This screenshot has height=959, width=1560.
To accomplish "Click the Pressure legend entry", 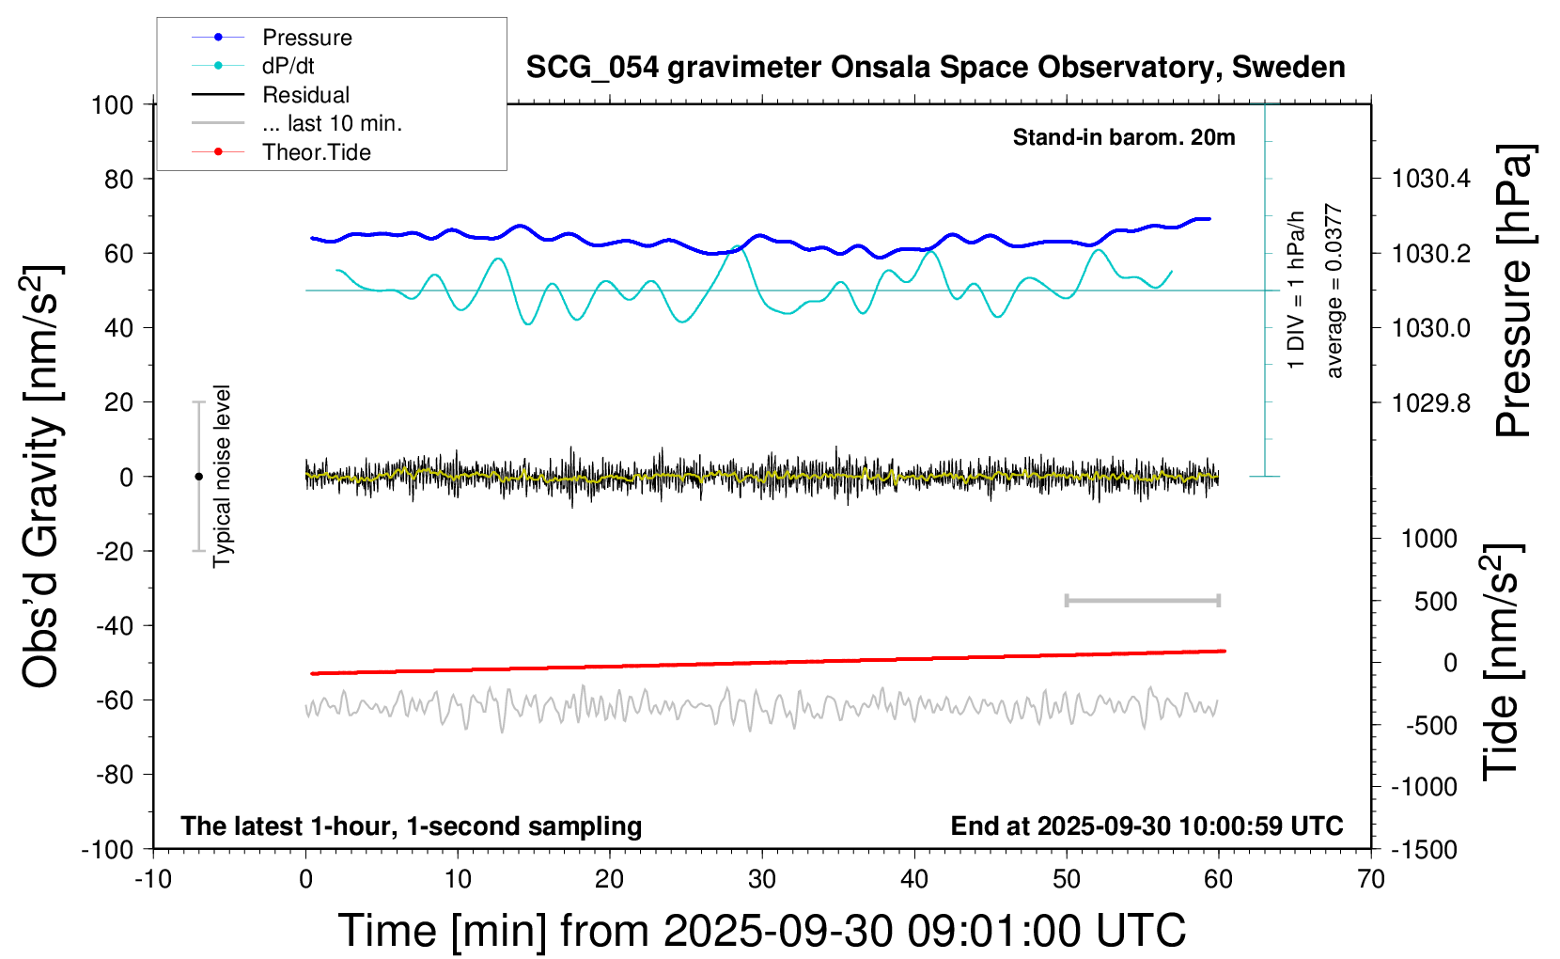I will [x=306, y=38].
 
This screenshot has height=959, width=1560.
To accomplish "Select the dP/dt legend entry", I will [x=288, y=66].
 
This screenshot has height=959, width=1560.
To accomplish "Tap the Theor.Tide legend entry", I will [x=316, y=152].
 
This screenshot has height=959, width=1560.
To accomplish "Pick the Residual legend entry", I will [x=305, y=95].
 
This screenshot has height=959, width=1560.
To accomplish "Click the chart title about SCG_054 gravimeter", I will [x=935, y=68].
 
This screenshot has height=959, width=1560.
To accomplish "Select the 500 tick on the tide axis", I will [x=1435, y=602].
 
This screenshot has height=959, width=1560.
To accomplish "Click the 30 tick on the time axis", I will [x=762, y=880].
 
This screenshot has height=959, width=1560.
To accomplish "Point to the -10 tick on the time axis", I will [x=153, y=880].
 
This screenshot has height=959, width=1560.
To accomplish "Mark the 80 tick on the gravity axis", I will [x=118, y=179].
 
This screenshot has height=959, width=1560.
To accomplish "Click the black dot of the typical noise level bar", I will [x=198, y=477].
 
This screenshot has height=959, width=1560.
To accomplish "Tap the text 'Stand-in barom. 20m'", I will [x=1123, y=137].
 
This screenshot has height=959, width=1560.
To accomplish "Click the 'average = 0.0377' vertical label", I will [x=1334, y=291].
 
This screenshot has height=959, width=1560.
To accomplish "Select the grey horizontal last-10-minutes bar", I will [x=1142, y=600].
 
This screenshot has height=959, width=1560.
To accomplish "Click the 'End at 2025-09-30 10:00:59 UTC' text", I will [x=1147, y=825].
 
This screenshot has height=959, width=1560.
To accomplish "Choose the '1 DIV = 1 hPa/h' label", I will [x=1297, y=290].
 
